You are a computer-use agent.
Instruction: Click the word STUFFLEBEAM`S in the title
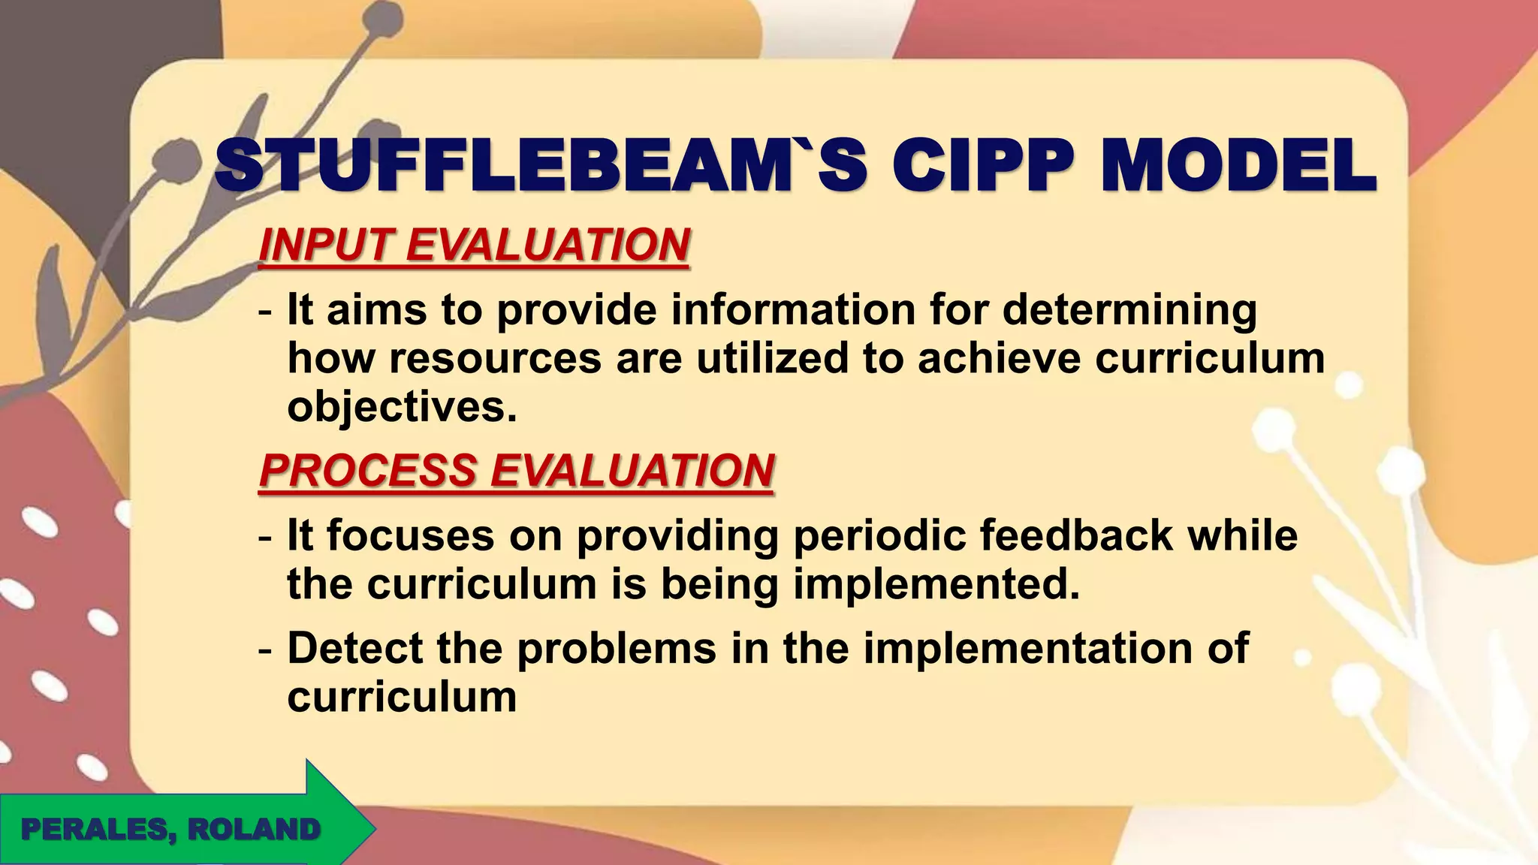tap(541, 166)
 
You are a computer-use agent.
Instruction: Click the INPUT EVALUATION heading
tap(474, 245)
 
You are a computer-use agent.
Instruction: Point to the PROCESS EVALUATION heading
tap(517, 470)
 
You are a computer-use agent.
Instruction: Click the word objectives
tap(403, 407)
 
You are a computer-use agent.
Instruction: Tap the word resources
tap(495, 358)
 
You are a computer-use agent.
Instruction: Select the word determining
tap(1129, 309)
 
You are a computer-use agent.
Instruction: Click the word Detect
tap(354, 648)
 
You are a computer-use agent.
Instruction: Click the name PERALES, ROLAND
tap(170, 830)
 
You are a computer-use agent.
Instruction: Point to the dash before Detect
tap(264, 648)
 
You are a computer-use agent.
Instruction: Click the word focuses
tap(411, 535)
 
